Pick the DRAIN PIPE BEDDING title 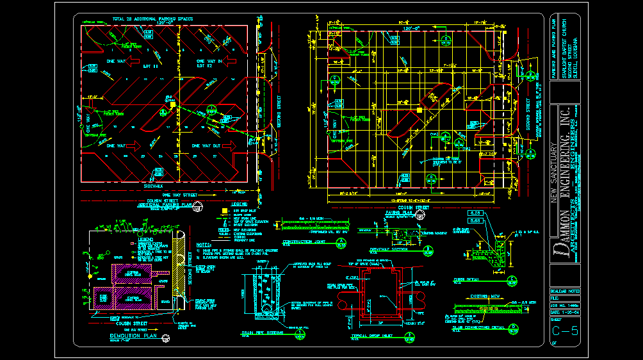coord(263,332)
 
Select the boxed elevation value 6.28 coord(475,213)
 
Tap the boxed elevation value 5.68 coord(475,221)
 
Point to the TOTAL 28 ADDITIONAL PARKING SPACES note coord(152,19)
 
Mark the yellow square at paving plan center coord(419,110)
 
